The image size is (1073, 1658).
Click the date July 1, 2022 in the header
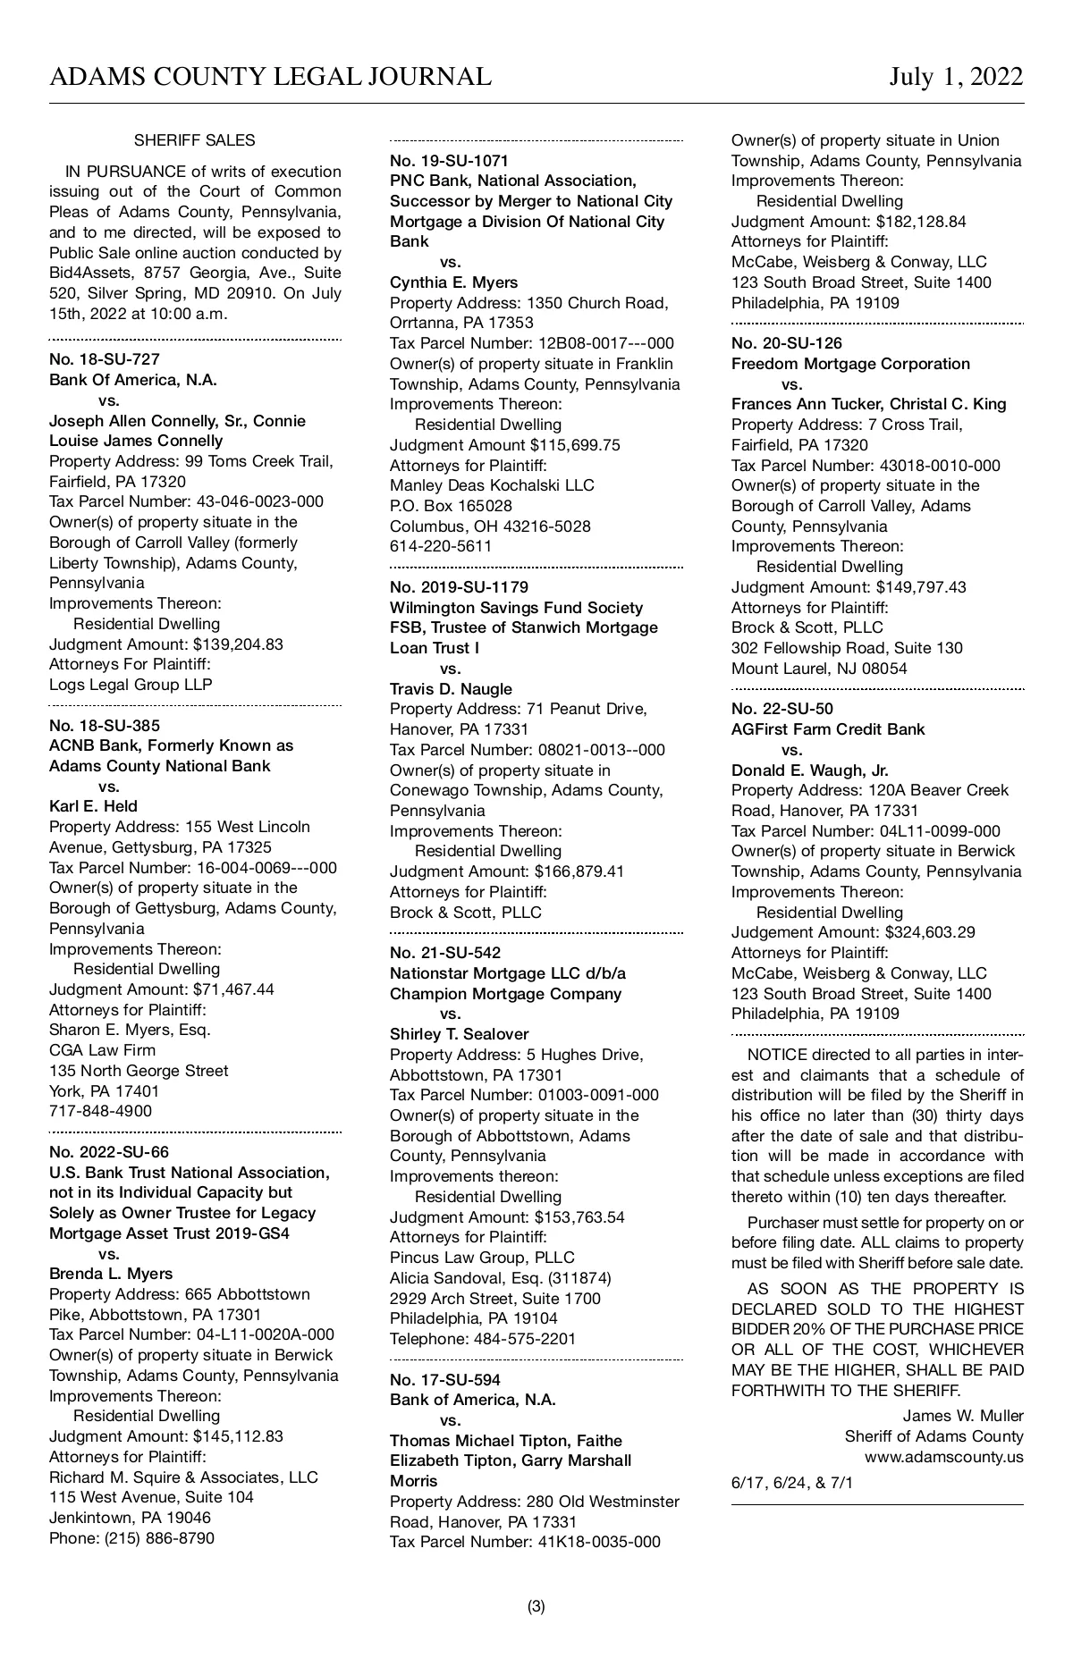[x=955, y=77]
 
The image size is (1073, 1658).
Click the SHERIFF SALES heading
[x=194, y=140]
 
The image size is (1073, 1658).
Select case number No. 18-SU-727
[x=105, y=359]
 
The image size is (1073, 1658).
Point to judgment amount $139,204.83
[x=238, y=644]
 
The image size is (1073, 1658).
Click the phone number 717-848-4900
[x=100, y=1111]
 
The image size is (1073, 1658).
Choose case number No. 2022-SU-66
[x=109, y=1152]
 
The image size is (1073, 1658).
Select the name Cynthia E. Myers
[x=453, y=282]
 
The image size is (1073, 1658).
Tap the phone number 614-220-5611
[x=441, y=546]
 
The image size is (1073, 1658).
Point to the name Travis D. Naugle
[x=451, y=689]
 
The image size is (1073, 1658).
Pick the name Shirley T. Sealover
[x=459, y=1034]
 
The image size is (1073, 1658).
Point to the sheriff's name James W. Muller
[x=962, y=1416]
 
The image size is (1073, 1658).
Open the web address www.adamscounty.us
[x=943, y=1457]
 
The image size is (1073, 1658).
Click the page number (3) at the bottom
[x=536, y=1607]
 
